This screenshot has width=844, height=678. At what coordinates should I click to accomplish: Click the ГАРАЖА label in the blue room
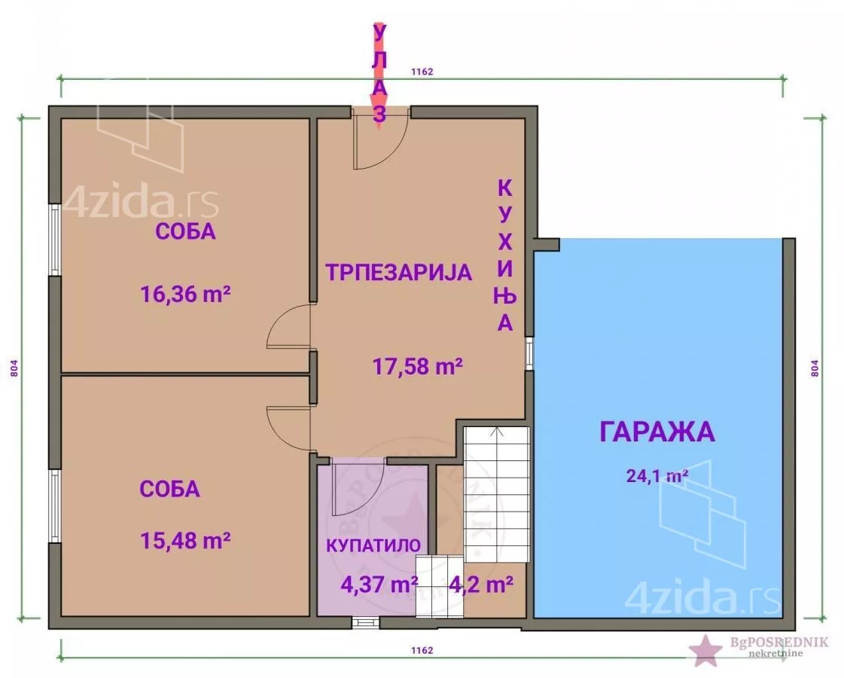[657, 432]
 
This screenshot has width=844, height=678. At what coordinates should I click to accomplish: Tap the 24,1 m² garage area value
[657, 476]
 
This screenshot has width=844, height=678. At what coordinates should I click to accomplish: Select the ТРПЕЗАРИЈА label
[399, 273]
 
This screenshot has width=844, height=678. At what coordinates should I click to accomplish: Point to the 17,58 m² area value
[418, 367]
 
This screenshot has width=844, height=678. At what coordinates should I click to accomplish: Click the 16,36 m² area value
[186, 295]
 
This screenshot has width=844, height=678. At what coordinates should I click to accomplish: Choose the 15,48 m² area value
[186, 540]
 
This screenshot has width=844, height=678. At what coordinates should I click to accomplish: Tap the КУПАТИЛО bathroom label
[373, 545]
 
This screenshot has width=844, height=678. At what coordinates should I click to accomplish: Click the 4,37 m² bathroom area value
[379, 585]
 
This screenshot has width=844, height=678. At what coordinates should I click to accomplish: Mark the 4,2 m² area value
[480, 585]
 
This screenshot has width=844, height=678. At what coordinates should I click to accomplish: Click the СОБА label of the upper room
[186, 231]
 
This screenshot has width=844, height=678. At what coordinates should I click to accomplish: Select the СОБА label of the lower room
[170, 489]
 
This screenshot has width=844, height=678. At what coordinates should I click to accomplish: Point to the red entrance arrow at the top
[379, 75]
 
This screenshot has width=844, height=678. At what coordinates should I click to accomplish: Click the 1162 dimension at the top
[422, 72]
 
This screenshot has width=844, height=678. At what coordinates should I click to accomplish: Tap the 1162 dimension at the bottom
[422, 650]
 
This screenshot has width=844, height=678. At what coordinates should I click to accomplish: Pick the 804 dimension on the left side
[14, 368]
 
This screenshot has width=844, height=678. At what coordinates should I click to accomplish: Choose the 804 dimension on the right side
[815, 368]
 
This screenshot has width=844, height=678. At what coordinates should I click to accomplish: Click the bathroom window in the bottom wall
[365, 622]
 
